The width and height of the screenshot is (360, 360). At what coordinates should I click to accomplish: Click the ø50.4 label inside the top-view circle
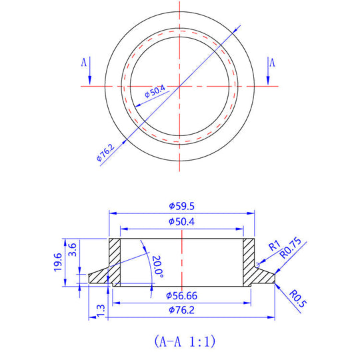[155, 93]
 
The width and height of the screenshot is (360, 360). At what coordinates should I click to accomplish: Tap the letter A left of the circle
[84, 63]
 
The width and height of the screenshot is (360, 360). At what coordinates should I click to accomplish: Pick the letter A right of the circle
[272, 63]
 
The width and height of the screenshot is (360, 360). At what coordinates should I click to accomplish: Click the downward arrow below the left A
[90, 75]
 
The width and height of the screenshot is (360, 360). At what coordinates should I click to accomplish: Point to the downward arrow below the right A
[265, 75]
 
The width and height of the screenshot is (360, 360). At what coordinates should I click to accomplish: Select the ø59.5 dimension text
[181, 206]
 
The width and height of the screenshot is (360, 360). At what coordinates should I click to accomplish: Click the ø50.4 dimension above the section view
[181, 222]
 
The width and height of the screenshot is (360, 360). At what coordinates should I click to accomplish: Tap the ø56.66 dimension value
[181, 295]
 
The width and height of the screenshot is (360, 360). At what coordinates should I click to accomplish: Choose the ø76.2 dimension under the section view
[181, 310]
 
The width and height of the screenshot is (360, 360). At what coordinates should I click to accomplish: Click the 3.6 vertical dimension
[73, 251]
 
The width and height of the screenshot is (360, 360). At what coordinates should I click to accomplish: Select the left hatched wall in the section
[114, 261]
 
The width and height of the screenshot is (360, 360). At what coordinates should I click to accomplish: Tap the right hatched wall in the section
[249, 261]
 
